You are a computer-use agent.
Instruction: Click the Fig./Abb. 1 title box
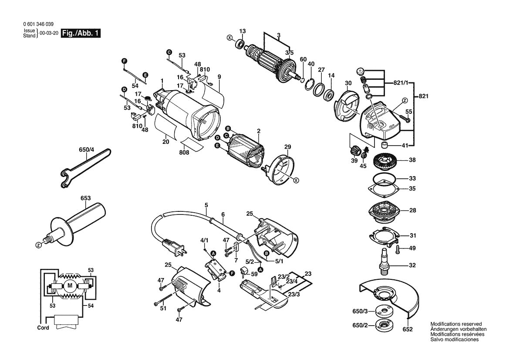81,34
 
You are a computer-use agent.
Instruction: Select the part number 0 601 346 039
39,24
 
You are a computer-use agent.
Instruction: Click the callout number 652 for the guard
407,329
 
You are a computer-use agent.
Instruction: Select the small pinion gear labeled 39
354,153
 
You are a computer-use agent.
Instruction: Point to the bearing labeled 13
239,44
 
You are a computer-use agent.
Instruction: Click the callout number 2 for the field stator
259,131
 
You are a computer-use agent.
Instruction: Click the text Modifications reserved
456,324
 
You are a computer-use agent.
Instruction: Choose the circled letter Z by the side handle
39,246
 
